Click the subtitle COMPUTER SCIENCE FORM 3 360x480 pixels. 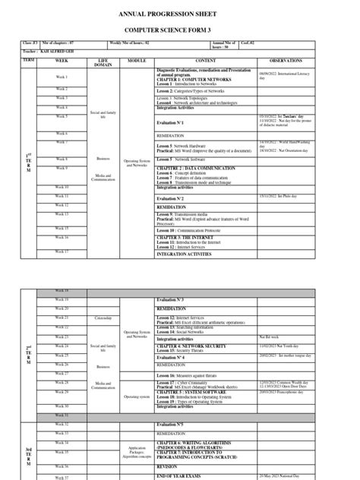click(x=180, y=28)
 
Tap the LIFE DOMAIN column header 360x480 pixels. click(x=106, y=62)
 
